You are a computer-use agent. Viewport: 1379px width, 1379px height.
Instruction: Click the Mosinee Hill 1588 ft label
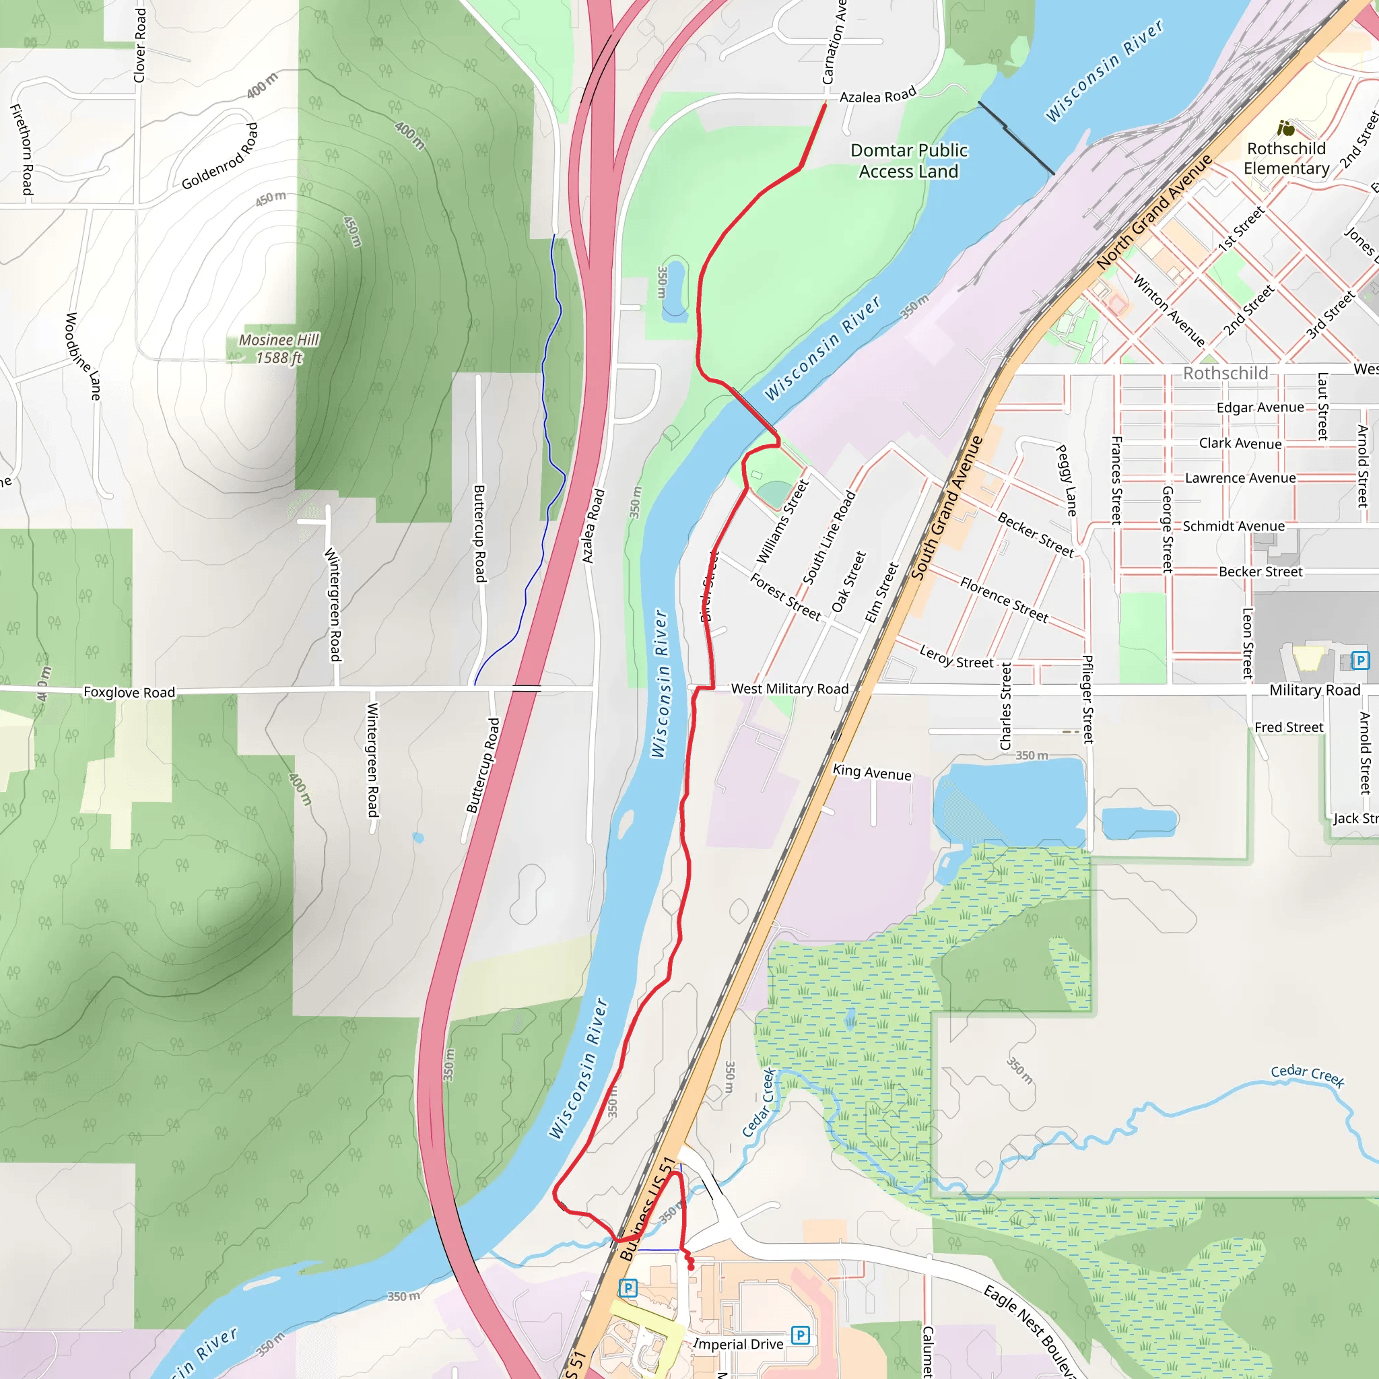tap(278, 349)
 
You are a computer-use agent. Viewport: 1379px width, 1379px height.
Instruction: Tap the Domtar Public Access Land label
tap(908, 161)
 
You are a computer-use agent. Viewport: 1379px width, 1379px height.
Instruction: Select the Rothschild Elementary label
tap(1286, 158)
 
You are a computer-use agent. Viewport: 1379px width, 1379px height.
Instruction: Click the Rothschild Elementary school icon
tap(1286, 129)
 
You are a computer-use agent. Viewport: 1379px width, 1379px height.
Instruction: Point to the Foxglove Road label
tap(129, 692)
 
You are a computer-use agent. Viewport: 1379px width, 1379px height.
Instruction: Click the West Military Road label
tap(789, 689)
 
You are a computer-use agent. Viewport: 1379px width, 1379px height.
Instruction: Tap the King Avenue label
tap(871, 772)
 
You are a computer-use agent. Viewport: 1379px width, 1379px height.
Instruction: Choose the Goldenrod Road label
tap(220, 156)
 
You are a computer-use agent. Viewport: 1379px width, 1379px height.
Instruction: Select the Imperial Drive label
tap(738, 1345)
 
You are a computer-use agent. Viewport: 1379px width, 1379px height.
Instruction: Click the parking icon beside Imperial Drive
tap(800, 1335)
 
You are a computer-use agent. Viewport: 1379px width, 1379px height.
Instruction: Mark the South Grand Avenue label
tap(947, 508)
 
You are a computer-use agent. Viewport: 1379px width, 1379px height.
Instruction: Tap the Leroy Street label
tap(955, 657)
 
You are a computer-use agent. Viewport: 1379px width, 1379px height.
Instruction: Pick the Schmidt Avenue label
tap(1234, 526)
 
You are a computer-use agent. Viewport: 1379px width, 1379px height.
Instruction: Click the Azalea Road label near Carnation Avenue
tap(877, 96)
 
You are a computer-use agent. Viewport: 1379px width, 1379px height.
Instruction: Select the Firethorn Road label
tap(22, 149)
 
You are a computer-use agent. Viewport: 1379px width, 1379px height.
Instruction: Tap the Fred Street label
tap(1288, 727)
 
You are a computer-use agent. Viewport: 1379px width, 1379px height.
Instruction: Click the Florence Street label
tap(1003, 600)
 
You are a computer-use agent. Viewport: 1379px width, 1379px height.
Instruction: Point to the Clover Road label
tap(140, 46)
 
